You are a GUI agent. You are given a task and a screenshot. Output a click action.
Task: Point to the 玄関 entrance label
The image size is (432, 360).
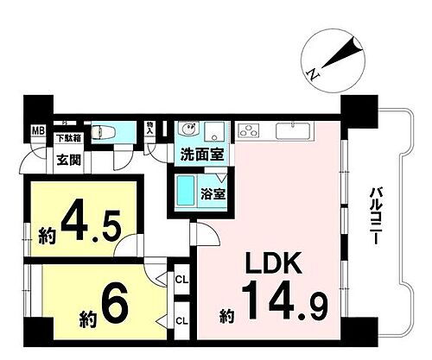coord(68,159)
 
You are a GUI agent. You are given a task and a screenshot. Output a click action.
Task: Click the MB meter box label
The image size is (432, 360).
coord(38,132)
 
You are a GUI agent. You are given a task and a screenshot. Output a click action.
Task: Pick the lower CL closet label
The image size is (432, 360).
coord(181,319)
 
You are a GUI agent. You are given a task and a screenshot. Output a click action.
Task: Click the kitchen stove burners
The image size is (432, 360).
coord(250,132)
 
